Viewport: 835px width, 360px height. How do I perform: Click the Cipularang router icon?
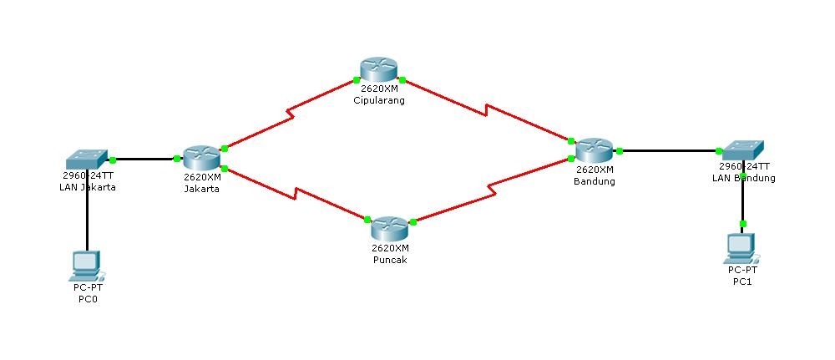pyautogui.click(x=379, y=69)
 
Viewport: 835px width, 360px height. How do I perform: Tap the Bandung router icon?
pyautogui.click(x=594, y=151)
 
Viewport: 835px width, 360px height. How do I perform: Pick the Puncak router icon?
pyautogui.click(x=390, y=228)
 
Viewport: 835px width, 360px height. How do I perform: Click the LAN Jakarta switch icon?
pyautogui.click(x=88, y=158)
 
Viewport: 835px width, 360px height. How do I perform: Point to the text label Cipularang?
pyautogui.click(x=379, y=101)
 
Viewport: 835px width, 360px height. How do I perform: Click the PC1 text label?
pyautogui.click(x=741, y=281)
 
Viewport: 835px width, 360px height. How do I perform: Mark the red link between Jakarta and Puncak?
pyautogui.click(x=292, y=194)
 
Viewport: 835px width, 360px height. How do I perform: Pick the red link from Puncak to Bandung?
pyautogui.click(x=493, y=191)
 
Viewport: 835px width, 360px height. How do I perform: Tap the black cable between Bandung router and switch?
pyautogui.click(x=668, y=151)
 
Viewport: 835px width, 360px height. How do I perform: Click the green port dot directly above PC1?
pyautogui.click(x=743, y=224)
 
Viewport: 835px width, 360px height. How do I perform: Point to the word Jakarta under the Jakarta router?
pyautogui.click(x=201, y=189)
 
